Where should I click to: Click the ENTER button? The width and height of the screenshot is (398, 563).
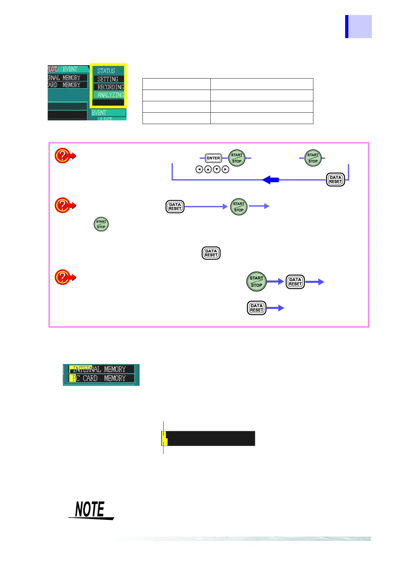(x=213, y=158)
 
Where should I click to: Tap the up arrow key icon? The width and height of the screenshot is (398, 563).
(x=208, y=170)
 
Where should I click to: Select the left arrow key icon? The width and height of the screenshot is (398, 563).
(x=199, y=170)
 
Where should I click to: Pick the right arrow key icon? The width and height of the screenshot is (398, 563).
(x=225, y=170)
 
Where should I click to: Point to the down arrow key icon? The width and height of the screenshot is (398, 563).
(x=217, y=170)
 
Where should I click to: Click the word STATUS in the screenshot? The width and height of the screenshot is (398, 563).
(x=106, y=71)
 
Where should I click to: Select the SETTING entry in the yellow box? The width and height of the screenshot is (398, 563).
(x=108, y=79)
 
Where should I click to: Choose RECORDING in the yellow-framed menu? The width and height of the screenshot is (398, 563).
(x=110, y=87)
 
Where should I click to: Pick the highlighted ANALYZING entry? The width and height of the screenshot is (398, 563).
(x=110, y=95)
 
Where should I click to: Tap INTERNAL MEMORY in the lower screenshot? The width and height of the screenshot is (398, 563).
(x=99, y=369)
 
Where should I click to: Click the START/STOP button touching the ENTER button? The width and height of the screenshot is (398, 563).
(x=237, y=158)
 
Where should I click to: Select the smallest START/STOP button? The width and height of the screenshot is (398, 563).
(x=101, y=224)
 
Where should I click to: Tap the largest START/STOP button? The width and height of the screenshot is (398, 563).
(x=257, y=281)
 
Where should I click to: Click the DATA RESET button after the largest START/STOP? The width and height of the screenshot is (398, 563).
(x=295, y=282)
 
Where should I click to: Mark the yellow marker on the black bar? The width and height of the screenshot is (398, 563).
(x=164, y=438)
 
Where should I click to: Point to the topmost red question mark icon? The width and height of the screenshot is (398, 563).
(x=63, y=155)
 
